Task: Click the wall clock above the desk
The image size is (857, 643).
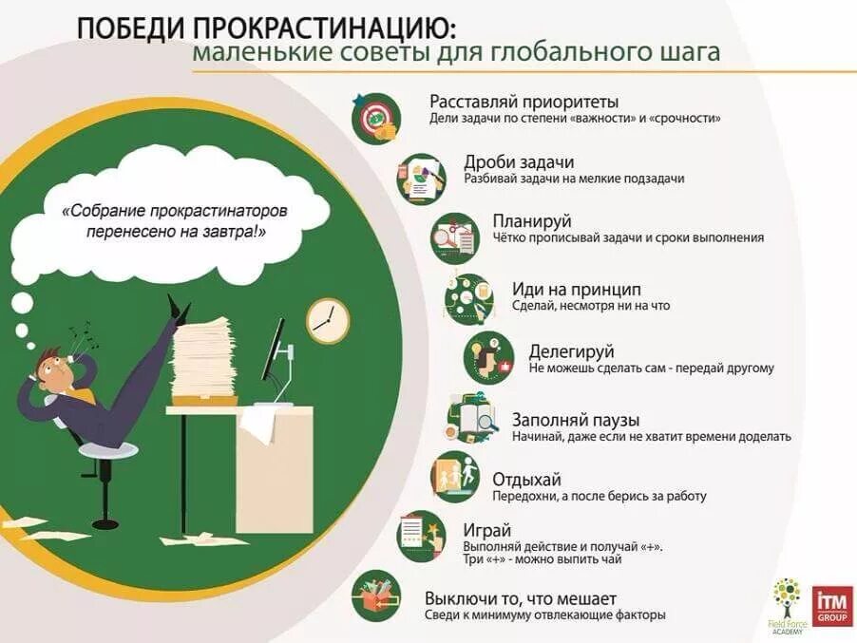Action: [x=328, y=320]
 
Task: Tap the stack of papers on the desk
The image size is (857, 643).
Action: [x=203, y=362]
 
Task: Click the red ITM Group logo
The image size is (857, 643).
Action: [x=832, y=606]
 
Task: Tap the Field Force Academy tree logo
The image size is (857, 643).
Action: [x=787, y=604]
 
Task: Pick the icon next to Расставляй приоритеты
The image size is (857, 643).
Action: [x=375, y=117]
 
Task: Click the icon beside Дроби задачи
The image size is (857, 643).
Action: [x=421, y=177]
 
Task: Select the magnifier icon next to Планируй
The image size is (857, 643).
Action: [x=455, y=236]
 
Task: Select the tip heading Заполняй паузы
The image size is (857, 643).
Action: [x=575, y=419]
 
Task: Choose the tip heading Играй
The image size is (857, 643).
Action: [x=487, y=530]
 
